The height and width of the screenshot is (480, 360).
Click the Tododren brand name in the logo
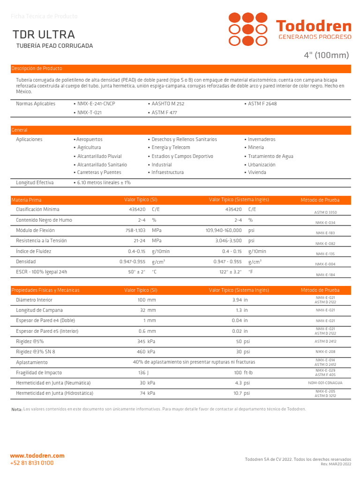click(x=313, y=26)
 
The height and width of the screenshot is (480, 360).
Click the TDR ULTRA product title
click(x=44, y=35)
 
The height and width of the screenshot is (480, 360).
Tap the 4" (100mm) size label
click(x=327, y=55)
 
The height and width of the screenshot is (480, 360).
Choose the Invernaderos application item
click(x=262, y=140)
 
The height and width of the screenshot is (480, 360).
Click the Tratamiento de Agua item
click(x=270, y=157)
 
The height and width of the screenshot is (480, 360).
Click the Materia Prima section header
click(x=26, y=200)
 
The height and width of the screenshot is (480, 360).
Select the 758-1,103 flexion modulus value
click(x=135, y=231)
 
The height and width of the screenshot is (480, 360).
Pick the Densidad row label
click(x=26, y=262)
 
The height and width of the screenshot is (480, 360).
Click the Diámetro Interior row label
click(x=34, y=300)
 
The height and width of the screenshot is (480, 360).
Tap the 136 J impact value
click(x=143, y=373)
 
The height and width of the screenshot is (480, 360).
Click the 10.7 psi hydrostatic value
click(x=240, y=394)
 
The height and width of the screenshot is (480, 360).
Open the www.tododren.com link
click(x=37, y=456)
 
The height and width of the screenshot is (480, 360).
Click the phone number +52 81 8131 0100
click(x=32, y=463)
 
